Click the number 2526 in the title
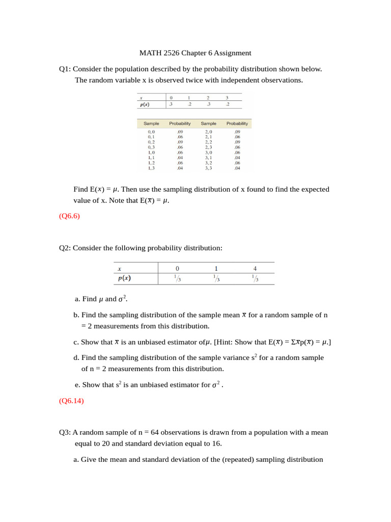point(176,53)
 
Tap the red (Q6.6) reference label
point(69,216)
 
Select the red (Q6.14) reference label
point(71,401)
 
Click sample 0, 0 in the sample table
point(151,132)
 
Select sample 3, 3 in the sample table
point(209,168)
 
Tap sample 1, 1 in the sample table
point(151,158)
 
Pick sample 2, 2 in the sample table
point(209,142)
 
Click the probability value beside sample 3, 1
point(237,158)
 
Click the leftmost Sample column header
point(151,123)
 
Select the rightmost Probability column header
point(237,123)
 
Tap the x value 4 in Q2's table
point(255,268)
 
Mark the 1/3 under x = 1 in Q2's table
point(216,278)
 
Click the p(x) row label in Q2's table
point(124,278)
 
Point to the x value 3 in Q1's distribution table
point(227,97)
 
